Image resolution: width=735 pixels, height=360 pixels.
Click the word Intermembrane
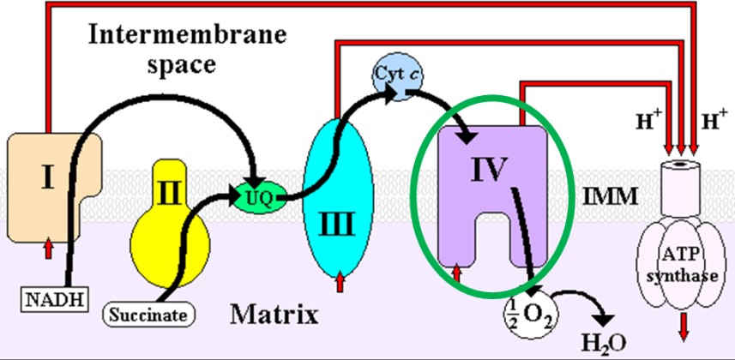pyautogui.click(x=161, y=38)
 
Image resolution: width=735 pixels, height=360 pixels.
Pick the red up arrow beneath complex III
pyautogui.click(x=342, y=279)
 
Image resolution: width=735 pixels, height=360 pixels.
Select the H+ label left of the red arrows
pyautogui.click(x=648, y=123)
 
